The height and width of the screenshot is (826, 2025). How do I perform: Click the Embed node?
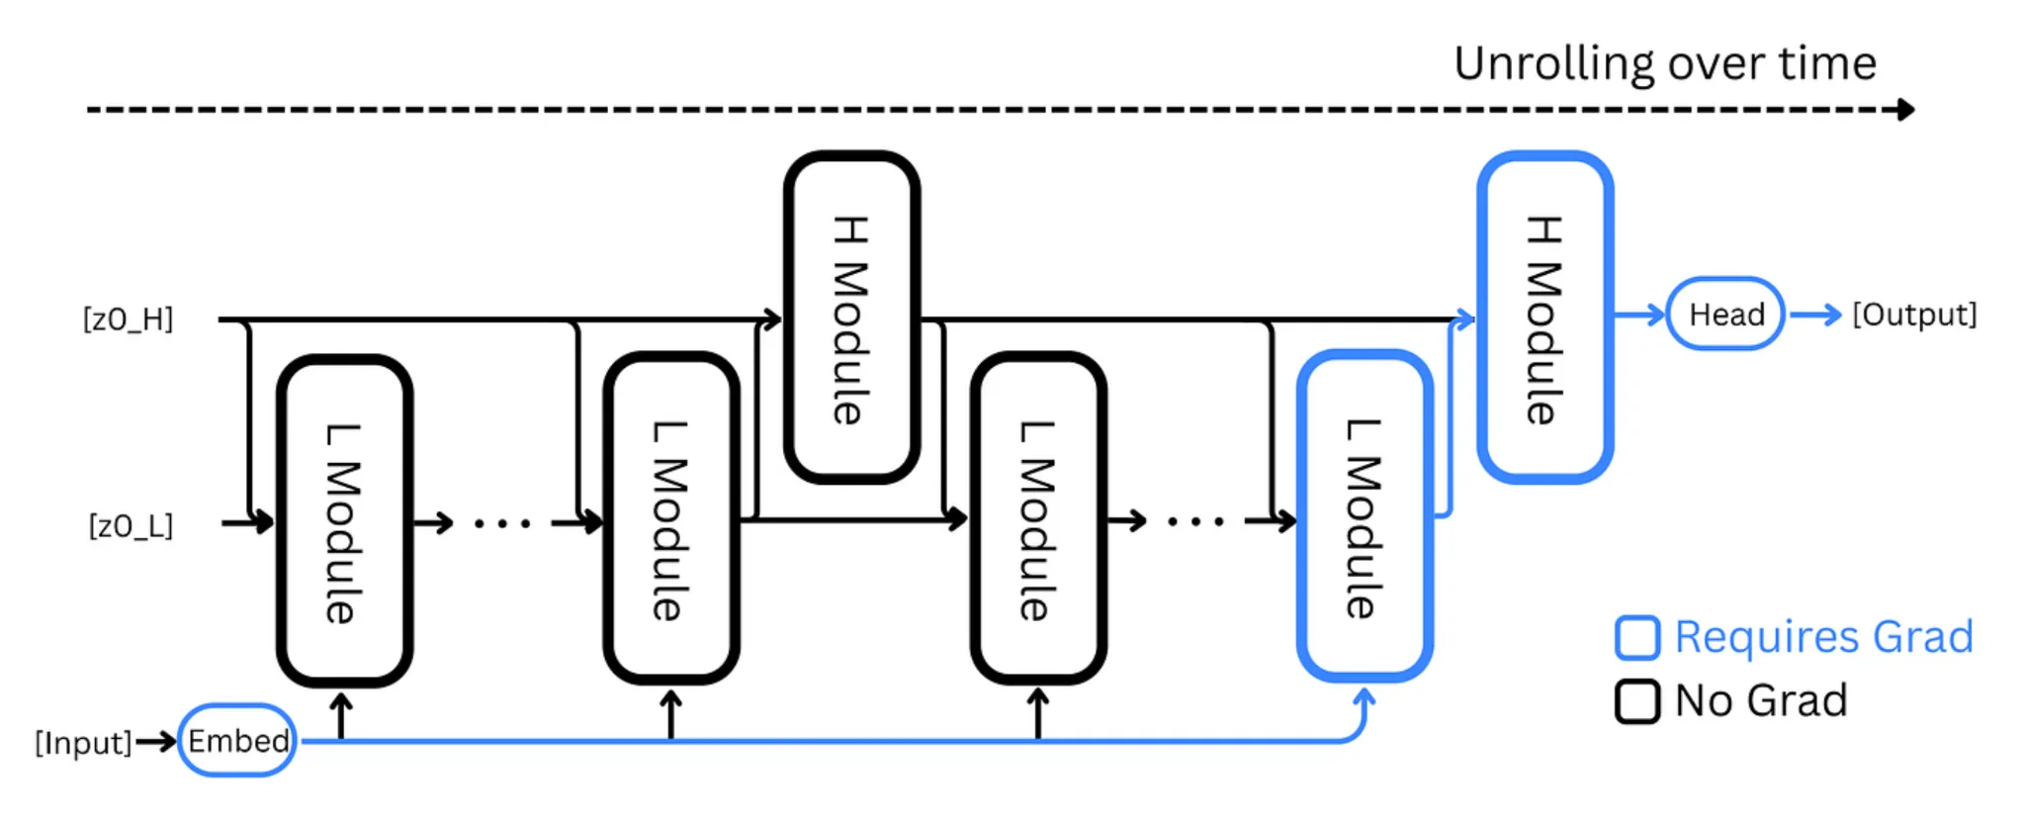(237, 740)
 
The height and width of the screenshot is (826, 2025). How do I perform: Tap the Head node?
(1725, 315)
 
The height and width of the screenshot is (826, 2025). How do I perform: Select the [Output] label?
(1914, 315)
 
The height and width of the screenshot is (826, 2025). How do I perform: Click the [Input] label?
(83, 742)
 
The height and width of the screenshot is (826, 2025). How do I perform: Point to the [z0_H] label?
(129, 320)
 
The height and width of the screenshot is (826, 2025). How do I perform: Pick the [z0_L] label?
(131, 525)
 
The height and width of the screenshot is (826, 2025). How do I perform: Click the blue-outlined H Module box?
(1545, 318)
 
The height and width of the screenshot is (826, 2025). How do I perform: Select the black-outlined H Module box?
(851, 318)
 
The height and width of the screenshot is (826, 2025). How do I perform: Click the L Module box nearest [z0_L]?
(344, 520)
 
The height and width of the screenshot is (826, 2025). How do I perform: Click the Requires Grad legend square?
(1637, 638)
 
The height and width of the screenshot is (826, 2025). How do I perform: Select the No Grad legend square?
(1637, 701)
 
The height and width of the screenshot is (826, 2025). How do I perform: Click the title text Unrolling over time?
(1665, 64)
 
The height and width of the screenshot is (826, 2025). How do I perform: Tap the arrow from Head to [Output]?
(1815, 315)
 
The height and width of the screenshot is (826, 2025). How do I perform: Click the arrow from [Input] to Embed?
(155, 741)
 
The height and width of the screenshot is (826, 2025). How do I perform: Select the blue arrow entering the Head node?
(1639, 315)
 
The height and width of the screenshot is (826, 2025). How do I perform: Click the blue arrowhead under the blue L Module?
(1365, 697)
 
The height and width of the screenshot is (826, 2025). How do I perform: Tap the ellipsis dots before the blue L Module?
(1195, 521)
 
